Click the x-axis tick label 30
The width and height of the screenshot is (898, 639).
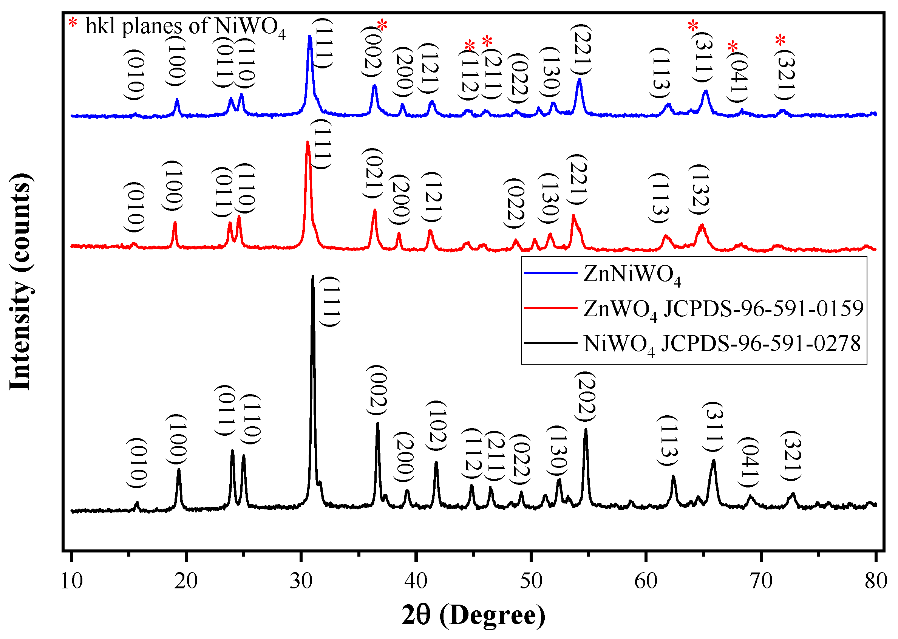[301, 581]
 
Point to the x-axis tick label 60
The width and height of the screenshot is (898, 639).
[646, 581]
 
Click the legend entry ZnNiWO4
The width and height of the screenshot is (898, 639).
[632, 274]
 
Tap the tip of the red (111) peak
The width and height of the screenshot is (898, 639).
[308, 142]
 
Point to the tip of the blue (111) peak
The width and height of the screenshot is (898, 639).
[309, 36]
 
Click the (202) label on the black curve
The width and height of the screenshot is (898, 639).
[585, 397]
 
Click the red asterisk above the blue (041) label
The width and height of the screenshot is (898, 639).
[733, 46]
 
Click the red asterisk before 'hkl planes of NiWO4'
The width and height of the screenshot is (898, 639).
[73, 22]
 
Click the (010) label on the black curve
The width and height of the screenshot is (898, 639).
[136, 463]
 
